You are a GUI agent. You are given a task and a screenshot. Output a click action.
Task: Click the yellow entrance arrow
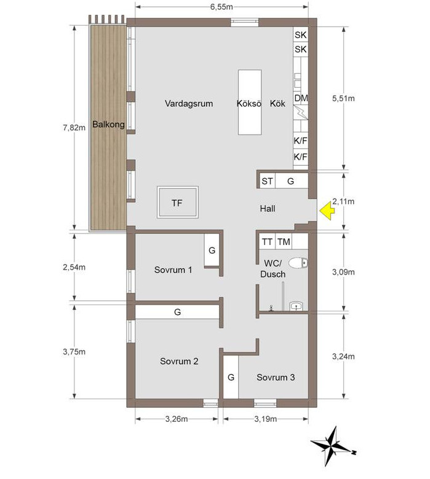click(x=327, y=211)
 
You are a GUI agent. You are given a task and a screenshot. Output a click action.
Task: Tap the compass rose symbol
click(x=332, y=451)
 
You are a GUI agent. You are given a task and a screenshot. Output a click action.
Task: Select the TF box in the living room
click(x=178, y=202)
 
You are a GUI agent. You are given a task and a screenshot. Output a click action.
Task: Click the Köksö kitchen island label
click(x=249, y=104)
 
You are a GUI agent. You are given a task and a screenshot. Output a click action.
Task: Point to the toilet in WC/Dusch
click(x=298, y=263)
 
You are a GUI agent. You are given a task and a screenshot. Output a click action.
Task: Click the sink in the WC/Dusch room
click(x=297, y=306)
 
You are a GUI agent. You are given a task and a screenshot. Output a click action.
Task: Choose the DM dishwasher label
click(x=301, y=98)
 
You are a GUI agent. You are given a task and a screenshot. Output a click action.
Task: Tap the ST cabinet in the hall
click(x=267, y=181)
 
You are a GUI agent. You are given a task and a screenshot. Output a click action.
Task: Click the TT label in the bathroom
click(x=267, y=242)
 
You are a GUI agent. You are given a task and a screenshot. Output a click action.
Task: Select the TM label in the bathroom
click(x=284, y=242)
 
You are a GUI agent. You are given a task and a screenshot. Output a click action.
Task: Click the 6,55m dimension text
click(x=221, y=7)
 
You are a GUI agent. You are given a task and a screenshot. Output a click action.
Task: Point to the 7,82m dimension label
click(x=74, y=127)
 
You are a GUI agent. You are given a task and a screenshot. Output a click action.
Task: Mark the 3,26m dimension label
click(x=177, y=419)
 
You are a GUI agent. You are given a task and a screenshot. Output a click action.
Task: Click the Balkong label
click(x=108, y=124)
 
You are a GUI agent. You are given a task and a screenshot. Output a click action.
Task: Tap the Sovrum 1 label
click(x=173, y=270)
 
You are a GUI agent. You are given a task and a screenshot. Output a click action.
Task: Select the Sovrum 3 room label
click(x=276, y=377)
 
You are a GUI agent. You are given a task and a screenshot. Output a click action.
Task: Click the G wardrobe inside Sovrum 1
click(x=212, y=250)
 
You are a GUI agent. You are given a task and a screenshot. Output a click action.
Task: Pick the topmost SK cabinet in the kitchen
click(x=301, y=35)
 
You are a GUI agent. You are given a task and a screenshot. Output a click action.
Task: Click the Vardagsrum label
click(x=189, y=104)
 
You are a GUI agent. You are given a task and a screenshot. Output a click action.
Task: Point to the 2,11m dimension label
click(x=343, y=201)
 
